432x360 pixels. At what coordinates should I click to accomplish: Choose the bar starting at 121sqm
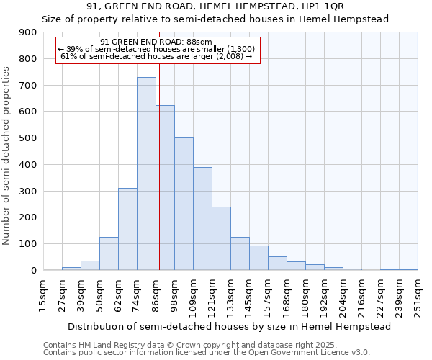221,238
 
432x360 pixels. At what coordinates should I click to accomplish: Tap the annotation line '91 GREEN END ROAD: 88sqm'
156,42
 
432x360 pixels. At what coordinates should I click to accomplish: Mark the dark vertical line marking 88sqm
159,166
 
